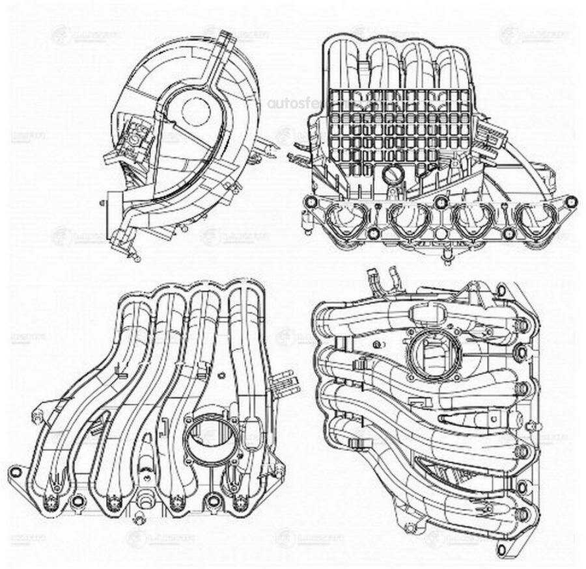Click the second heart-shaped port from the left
[x=410, y=220]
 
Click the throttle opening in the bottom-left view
[x=206, y=436]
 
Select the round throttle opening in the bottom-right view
[x=435, y=354]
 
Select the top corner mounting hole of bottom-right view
[x=501, y=288]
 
